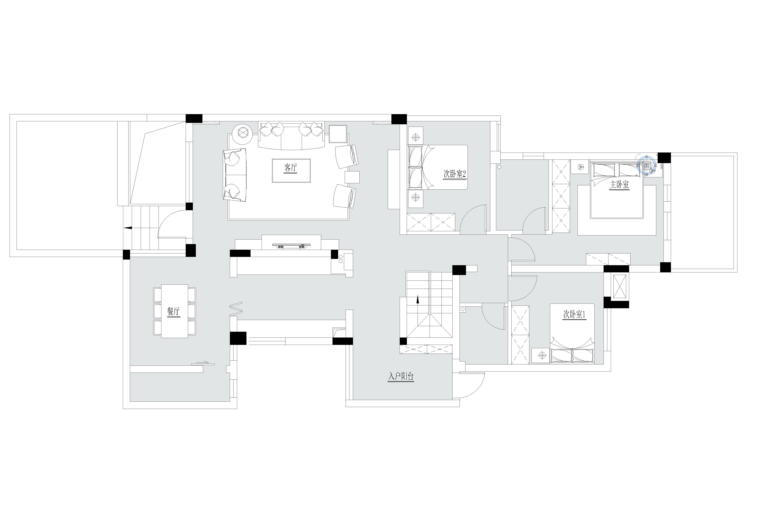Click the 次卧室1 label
(575, 315)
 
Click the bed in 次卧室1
(572, 334)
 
